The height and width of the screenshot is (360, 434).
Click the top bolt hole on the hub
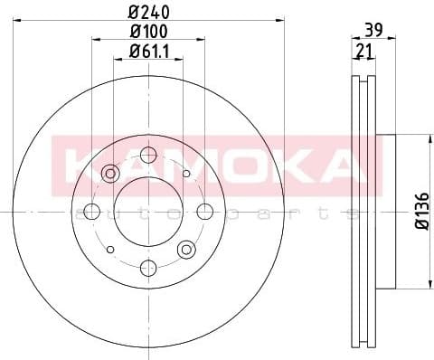(147, 155)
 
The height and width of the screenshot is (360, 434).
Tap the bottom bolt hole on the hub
(147, 268)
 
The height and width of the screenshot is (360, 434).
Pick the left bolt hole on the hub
(91, 212)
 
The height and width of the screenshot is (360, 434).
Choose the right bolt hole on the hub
(204, 212)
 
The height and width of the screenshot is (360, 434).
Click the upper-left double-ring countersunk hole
(110, 173)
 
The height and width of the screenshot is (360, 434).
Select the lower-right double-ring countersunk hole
(186, 249)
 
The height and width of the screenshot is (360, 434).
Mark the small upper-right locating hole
(185, 173)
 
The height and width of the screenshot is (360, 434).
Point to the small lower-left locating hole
(109, 249)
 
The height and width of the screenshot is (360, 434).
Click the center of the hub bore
(147, 212)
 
